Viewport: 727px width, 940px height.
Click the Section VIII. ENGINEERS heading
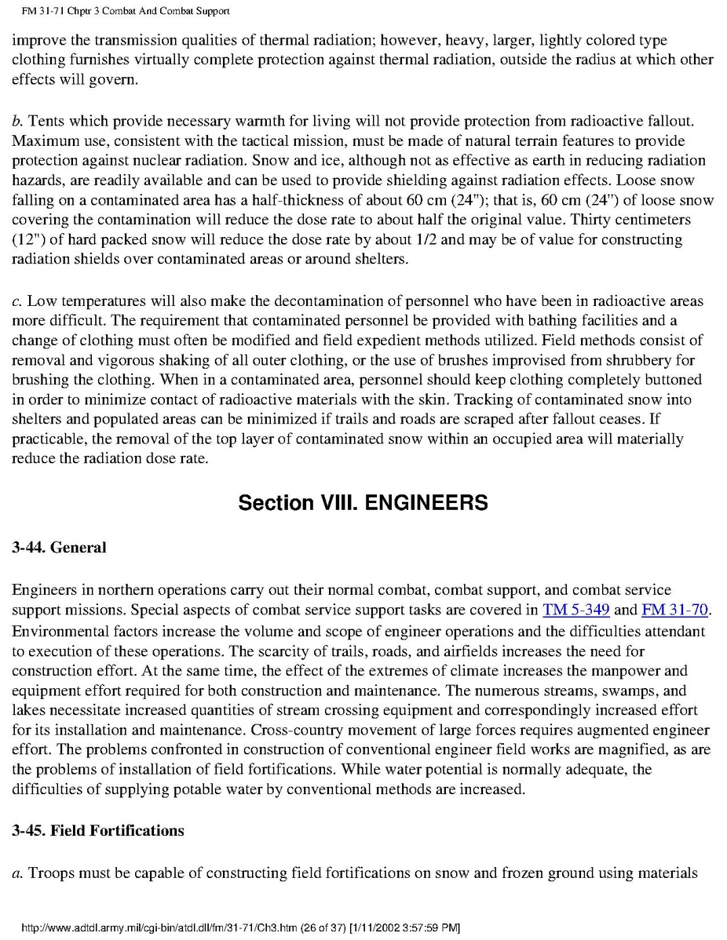[363, 502]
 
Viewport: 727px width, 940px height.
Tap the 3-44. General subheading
[59, 548]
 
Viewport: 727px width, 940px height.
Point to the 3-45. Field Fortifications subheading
[98, 830]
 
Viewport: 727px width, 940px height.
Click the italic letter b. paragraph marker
[16, 121]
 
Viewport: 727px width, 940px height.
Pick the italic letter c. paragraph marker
[16, 301]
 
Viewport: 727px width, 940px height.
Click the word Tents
[44, 121]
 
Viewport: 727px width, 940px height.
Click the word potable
[185, 789]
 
